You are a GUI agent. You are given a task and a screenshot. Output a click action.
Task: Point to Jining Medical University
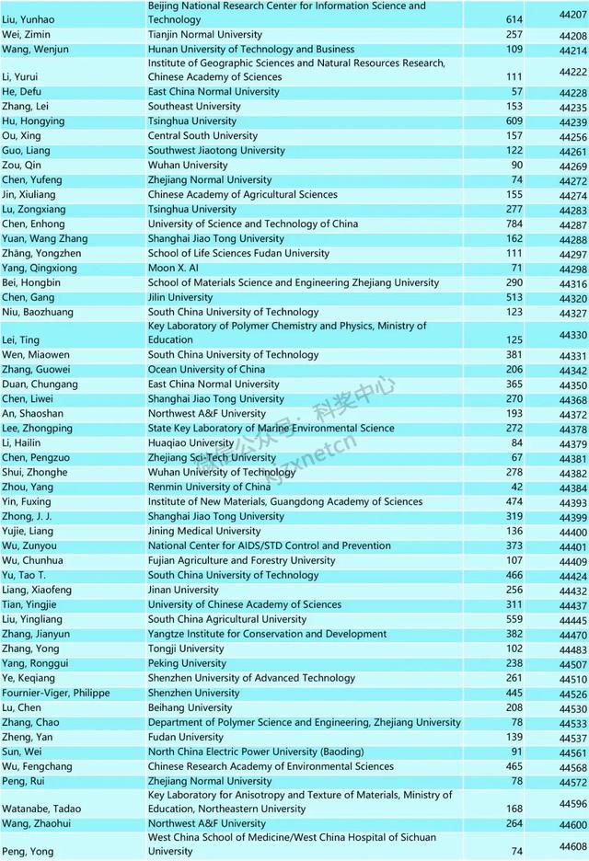(204, 531)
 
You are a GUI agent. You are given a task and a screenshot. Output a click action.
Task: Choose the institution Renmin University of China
(209, 487)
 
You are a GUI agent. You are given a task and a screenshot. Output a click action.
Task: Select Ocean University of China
(206, 370)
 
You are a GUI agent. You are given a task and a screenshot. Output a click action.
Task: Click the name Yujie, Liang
(29, 531)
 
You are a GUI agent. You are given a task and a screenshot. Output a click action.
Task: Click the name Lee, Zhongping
(36, 428)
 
